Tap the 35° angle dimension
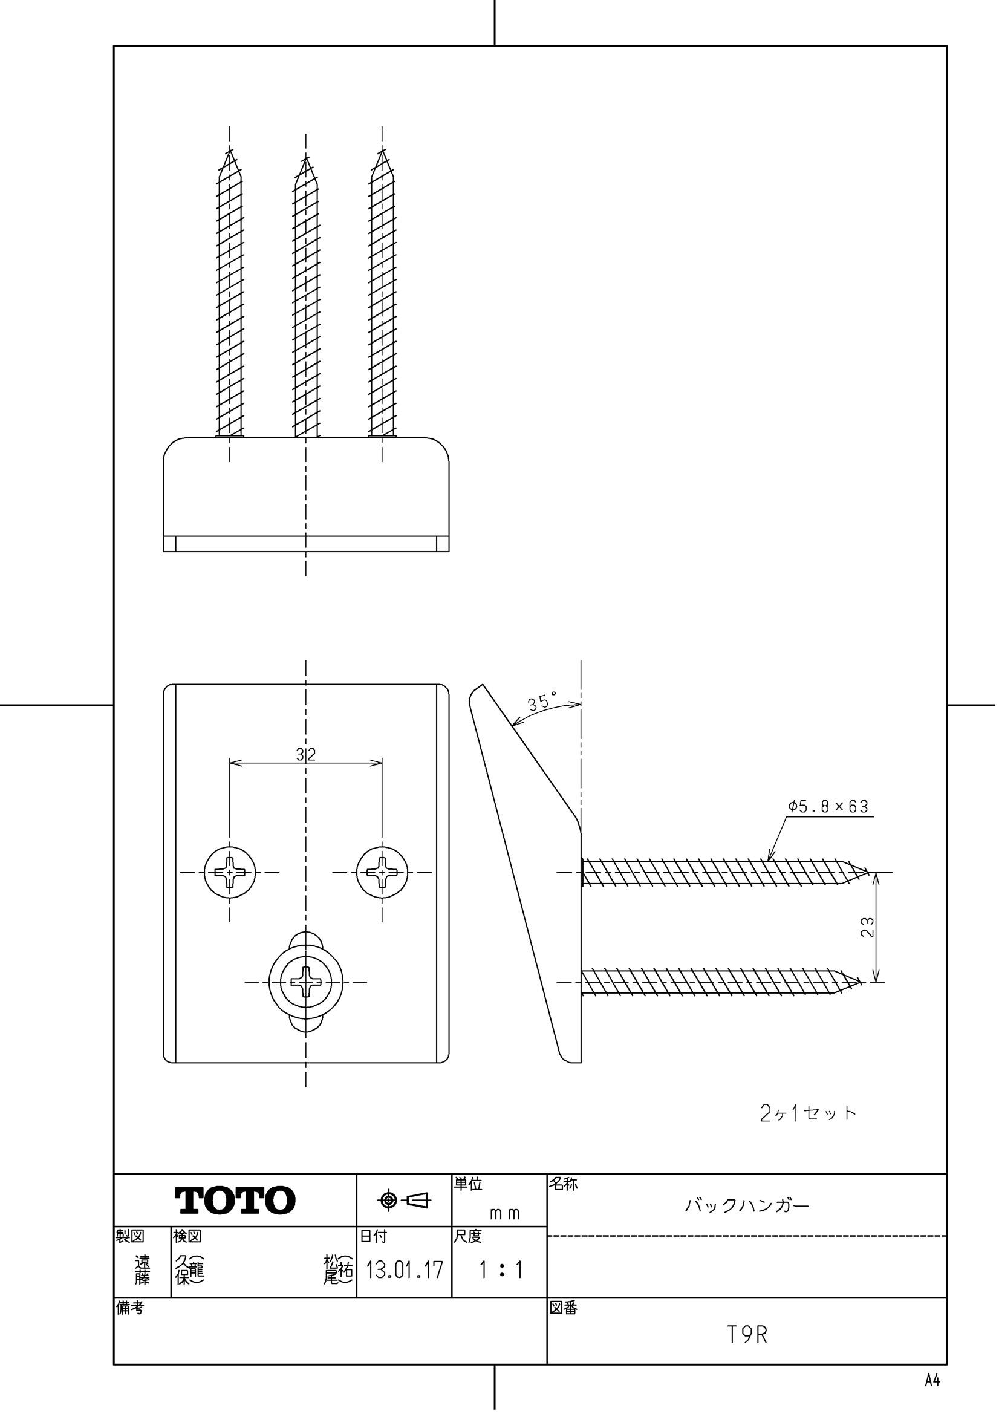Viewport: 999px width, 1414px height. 541,703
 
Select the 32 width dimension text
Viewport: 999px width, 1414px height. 305,754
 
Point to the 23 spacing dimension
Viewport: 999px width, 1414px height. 868,927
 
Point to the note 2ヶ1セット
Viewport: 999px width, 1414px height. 808,1113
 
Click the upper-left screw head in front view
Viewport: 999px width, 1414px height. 230,872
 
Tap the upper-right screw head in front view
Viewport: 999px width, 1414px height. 382,872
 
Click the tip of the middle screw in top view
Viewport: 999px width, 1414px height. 305,161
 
